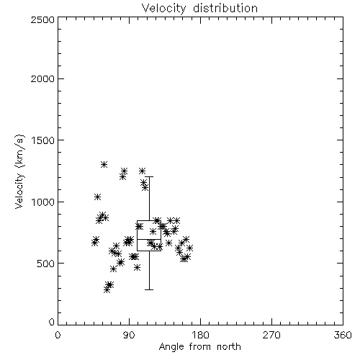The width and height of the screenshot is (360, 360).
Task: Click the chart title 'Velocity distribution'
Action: (199, 8)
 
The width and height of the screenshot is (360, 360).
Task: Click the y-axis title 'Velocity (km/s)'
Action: (19, 171)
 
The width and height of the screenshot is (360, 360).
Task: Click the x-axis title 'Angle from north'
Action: (199, 346)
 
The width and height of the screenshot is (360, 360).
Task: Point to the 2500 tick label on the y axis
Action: (42, 19)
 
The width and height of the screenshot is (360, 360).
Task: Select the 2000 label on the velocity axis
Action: (42, 78)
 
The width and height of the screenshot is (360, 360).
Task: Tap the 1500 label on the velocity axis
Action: (43, 140)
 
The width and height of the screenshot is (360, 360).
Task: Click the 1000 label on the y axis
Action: (43, 202)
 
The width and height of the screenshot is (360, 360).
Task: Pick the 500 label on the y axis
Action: (46, 264)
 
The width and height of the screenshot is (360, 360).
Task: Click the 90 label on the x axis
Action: (129, 335)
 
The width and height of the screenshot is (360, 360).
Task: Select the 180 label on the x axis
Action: (200, 335)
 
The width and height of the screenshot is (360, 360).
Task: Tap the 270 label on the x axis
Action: (271, 335)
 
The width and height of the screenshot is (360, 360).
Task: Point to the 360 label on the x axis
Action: (343, 335)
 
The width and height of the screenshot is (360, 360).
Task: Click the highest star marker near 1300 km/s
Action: (104, 165)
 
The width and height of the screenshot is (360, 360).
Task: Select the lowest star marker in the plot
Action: (107, 290)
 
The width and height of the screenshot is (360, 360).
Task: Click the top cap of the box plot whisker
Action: (149, 177)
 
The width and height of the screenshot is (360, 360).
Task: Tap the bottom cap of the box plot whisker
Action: (149, 289)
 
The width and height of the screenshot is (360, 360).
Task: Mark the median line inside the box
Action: (149, 239)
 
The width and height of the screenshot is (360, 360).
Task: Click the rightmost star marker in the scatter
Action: (189, 248)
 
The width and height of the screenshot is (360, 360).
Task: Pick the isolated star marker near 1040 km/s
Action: (97, 197)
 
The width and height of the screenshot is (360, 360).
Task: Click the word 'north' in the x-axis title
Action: (229, 347)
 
